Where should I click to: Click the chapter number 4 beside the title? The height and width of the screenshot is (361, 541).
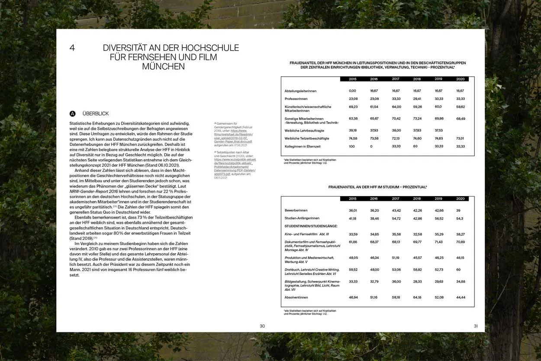[72, 48]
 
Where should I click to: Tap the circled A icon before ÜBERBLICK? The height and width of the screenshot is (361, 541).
[72, 114]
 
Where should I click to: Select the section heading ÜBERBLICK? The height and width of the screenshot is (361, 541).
[96, 114]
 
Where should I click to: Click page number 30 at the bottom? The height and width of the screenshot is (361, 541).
[262, 326]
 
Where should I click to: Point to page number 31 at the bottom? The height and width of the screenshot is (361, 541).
[476, 326]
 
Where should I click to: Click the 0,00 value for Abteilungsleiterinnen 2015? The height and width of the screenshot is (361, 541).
[352, 91]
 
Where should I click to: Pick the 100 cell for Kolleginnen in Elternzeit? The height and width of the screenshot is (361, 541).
[351, 146]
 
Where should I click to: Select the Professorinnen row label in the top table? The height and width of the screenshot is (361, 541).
[296, 99]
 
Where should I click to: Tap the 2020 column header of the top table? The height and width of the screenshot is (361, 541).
[460, 79]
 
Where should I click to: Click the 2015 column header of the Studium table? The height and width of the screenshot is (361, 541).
[353, 199]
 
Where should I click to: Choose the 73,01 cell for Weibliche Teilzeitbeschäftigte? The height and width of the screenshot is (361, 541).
[460, 139]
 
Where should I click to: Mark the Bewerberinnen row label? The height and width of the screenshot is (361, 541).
[296, 210]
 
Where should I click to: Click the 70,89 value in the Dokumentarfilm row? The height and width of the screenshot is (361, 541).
[460, 242]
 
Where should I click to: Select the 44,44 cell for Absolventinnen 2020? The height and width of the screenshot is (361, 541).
[460, 297]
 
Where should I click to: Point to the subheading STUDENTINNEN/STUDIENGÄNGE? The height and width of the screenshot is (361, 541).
[311, 226]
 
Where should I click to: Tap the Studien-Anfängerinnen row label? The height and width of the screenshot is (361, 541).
[302, 218]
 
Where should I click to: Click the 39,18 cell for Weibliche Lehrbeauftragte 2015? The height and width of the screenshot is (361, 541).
[353, 130]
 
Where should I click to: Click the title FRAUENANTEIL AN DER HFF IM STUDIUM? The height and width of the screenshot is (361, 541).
[377, 187]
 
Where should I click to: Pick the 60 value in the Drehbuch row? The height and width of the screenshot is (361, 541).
[458, 269]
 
